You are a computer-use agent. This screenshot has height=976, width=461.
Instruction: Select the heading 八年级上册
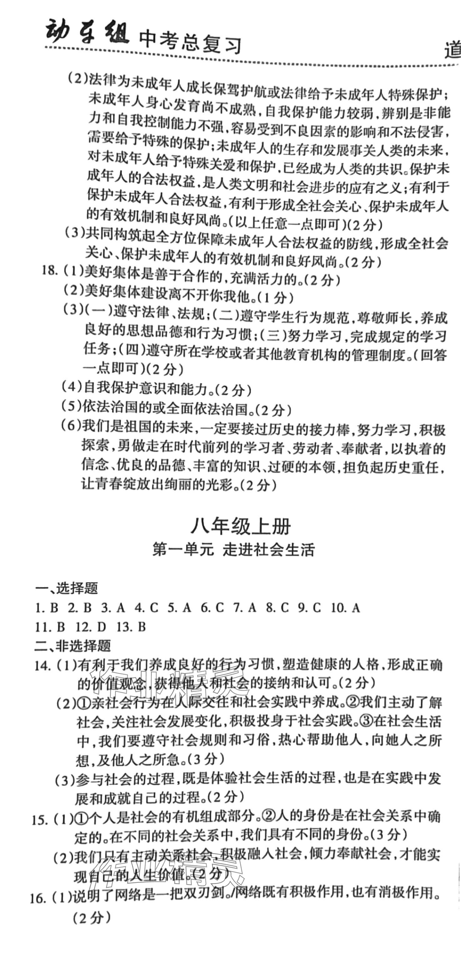(241, 527)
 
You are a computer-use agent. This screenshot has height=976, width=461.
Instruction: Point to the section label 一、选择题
(66, 588)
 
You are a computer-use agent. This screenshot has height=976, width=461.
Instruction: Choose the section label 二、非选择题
(72, 646)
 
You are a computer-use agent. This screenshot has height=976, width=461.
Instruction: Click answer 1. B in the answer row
(46, 608)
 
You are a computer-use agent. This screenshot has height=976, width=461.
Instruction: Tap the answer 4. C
(146, 608)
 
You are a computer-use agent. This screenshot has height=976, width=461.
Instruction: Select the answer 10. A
(345, 608)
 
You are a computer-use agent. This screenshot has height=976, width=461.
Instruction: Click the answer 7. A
(245, 608)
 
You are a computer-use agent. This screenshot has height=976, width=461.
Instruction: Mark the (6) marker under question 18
(71, 425)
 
